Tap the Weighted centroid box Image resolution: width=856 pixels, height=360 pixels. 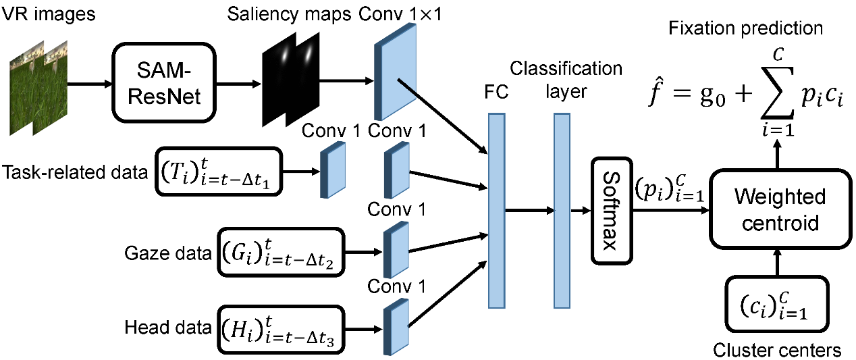(778, 210)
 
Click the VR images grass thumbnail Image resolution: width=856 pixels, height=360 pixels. (39, 84)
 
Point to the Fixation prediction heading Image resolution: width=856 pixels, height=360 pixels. (745, 28)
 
